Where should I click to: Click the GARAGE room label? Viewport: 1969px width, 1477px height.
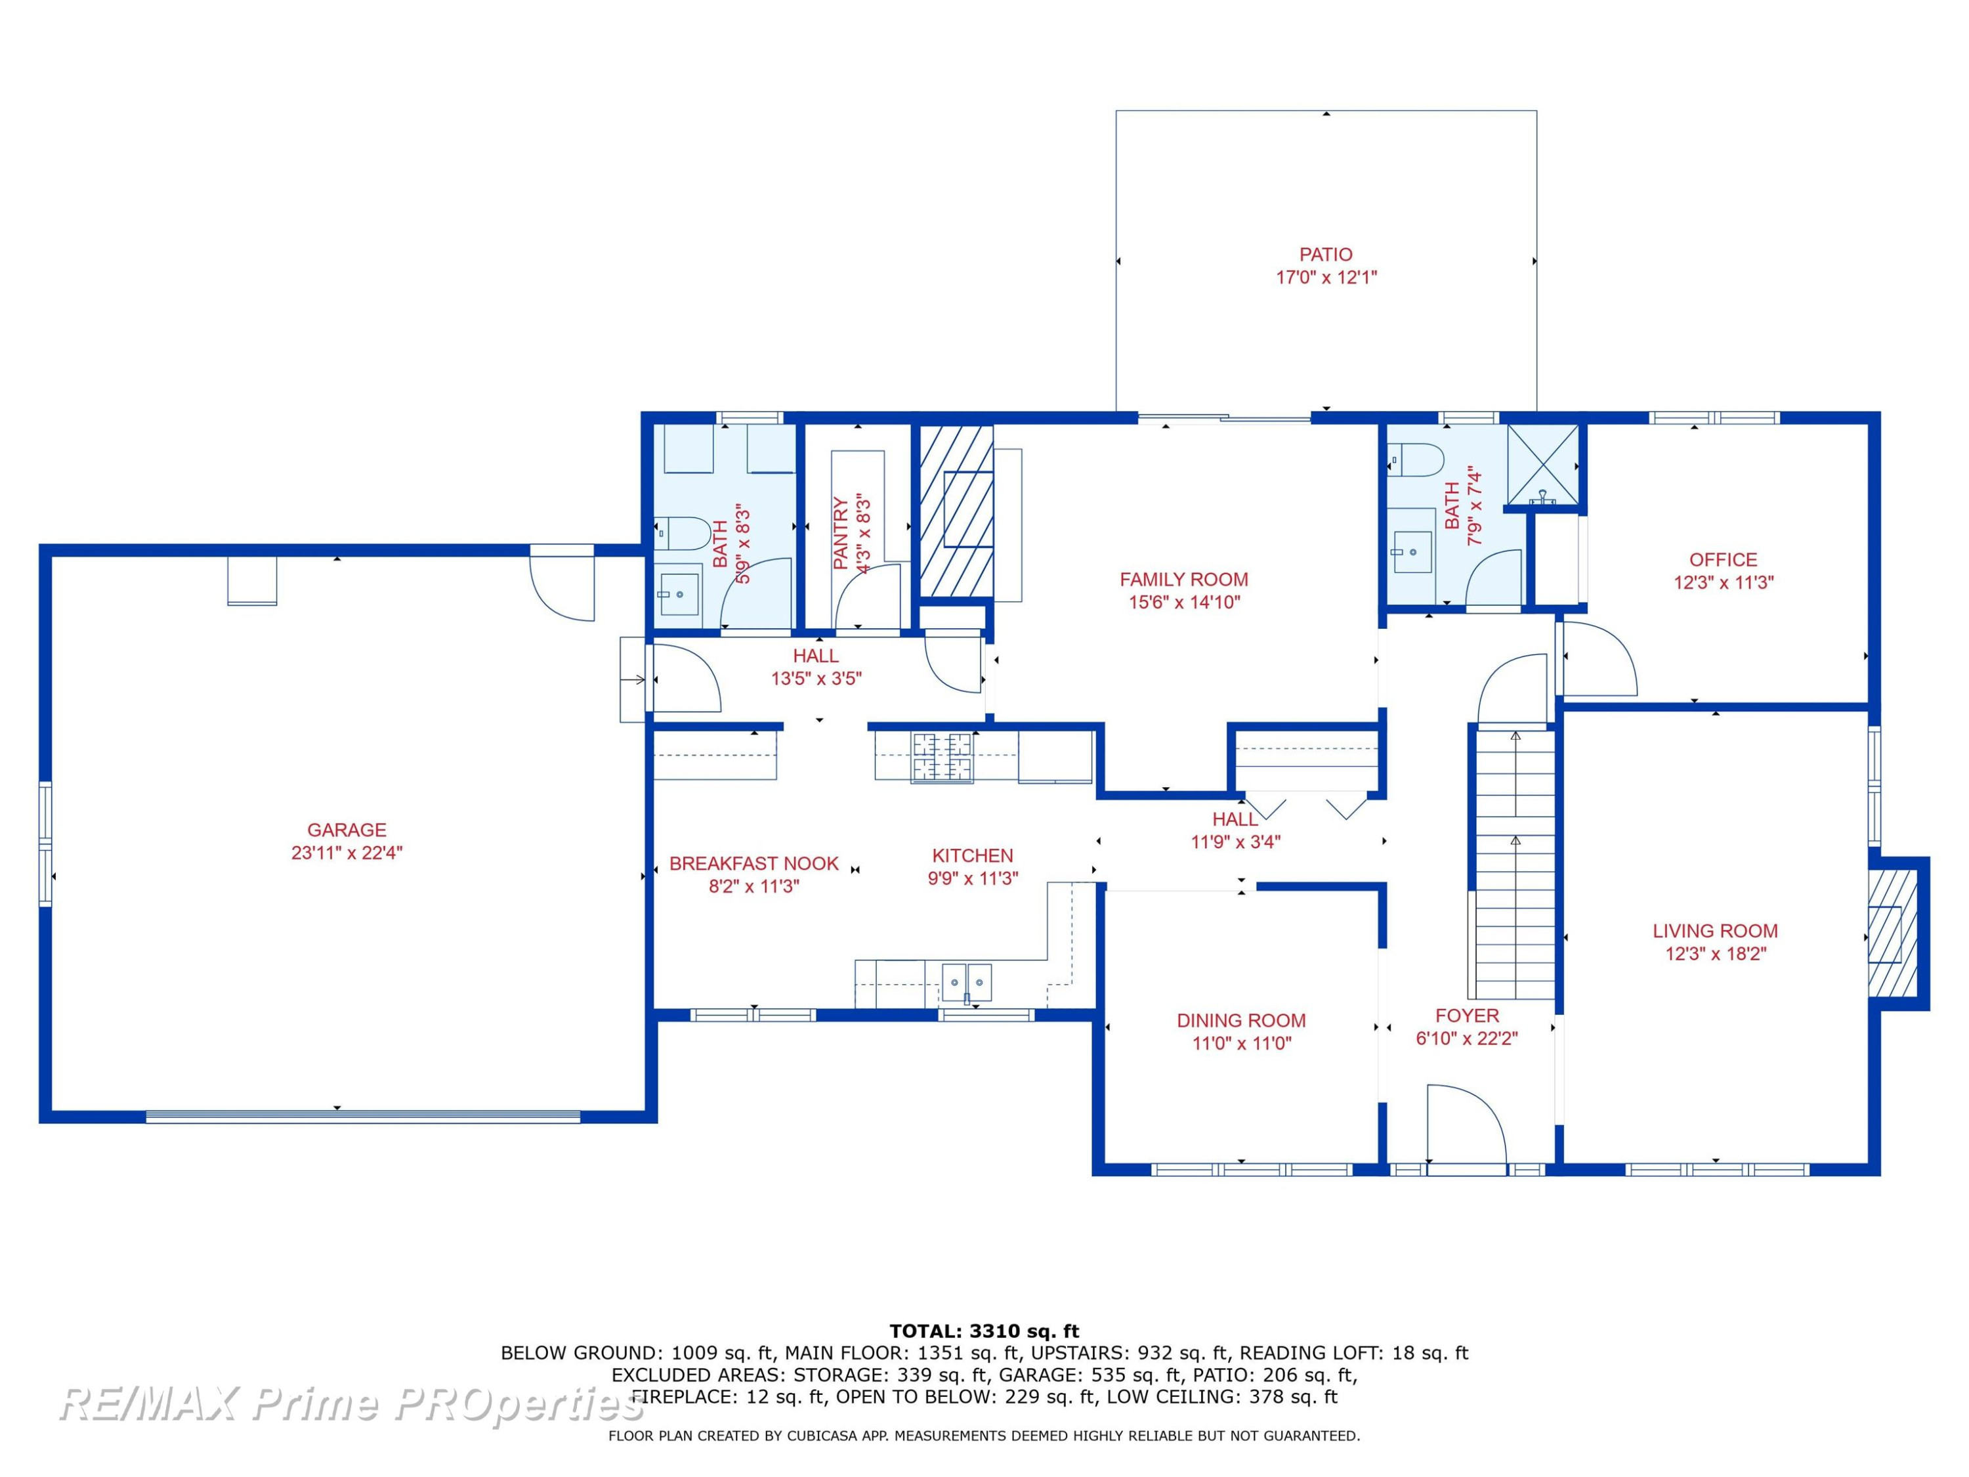(x=347, y=830)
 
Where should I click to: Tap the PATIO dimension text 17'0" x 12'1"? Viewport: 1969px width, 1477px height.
(x=1326, y=277)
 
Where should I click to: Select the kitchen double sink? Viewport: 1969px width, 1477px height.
(x=967, y=982)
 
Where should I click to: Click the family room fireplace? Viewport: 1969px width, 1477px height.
(x=956, y=511)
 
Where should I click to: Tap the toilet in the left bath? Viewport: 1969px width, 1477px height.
(x=683, y=534)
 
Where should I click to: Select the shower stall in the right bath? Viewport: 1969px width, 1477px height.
(x=1542, y=465)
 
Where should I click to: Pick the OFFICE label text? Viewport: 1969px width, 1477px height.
(x=1724, y=559)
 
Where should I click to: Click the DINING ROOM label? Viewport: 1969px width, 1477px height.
(x=1241, y=1020)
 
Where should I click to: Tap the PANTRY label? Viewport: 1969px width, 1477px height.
(x=840, y=533)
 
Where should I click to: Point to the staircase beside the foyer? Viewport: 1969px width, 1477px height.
(x=1515, y=863)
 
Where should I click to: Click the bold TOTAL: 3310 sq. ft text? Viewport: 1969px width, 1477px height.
(x=984, y=1331)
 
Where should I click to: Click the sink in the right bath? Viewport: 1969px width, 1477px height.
(x=1412, y=553)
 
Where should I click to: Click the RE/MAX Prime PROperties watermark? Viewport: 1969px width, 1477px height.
(x=352, y=1404)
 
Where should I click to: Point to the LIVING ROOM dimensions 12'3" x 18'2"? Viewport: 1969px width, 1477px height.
(x=1715, y=954)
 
